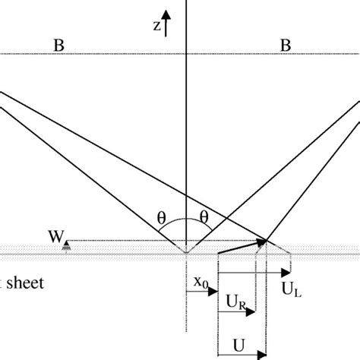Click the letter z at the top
coord(157,26)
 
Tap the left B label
coord(58,46)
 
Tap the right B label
coord(286,46)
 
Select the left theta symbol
coord(161,216)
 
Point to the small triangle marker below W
coord(66,246)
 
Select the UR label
coord(236,302)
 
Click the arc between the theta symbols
coord(185,222)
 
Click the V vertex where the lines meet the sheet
coord(185,251)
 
